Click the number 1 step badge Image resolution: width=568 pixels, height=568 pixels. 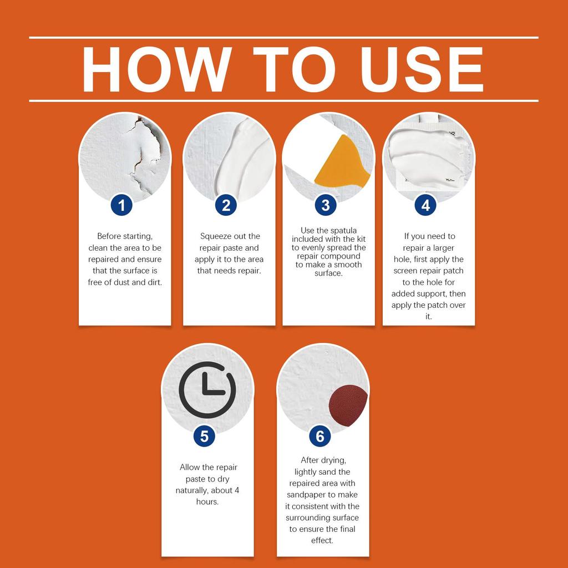[121, 205]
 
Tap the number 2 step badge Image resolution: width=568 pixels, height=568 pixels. [226, 205]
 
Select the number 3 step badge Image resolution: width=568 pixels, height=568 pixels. [325, 205]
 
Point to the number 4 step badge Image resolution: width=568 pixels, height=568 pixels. [425, 205]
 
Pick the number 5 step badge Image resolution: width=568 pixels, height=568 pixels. [204, 436]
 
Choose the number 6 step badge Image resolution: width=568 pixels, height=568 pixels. [320, 436]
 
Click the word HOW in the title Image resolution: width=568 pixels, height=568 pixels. [157, 69]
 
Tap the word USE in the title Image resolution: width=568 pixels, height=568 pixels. [422, 69]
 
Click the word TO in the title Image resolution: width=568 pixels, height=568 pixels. [294, 69]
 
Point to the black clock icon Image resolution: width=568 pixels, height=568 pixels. [207, 390]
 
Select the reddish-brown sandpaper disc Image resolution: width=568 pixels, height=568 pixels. [347, 405]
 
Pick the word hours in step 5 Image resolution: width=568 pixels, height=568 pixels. [207, 501]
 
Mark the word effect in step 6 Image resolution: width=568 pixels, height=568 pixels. [322, 540]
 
